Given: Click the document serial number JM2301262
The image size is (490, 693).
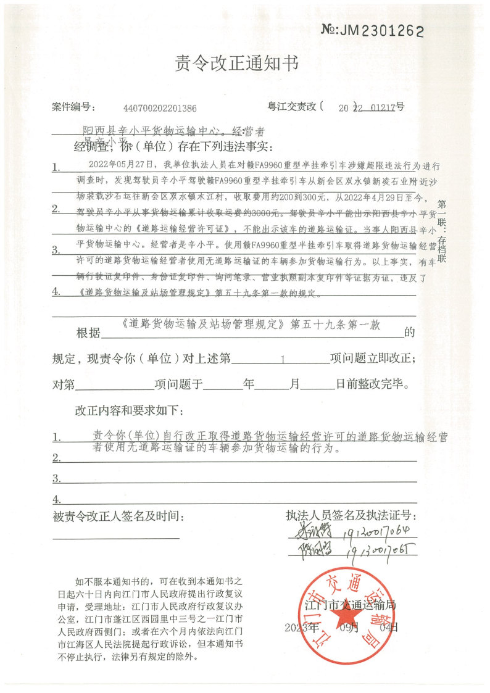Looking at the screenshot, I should pos(373,30).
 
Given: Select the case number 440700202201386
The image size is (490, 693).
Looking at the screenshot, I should pos(160,108).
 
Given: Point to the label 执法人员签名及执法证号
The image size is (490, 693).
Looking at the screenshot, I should pos(351,515).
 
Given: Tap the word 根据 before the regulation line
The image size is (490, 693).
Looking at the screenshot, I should pos(87,334).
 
